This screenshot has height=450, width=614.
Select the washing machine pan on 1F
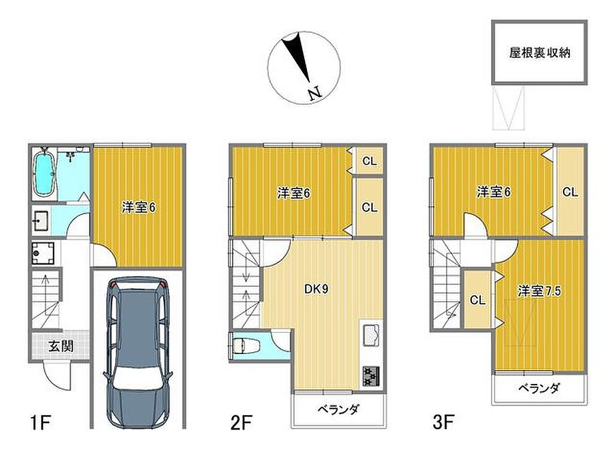pyautogui.click(x=43, y=253)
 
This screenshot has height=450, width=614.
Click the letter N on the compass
pyautogui.click(x=314, y=94)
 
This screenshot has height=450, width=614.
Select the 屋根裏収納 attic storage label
pyautogui.click(x=540, y=53)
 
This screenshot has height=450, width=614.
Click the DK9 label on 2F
pyautogui.click(x=317, y=289)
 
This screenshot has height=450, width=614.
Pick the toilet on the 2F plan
pyautogui.click(x=243, y=346)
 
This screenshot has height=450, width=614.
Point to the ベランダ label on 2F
pyautogui.click(x=338, y=410)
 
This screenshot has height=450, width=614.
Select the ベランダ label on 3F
pyautogui.click(x=539, y=388)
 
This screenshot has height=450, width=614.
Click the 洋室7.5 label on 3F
pyautogui.click(x=540, y=291)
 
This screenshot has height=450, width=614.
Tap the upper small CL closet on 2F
pyautogui.click(x=369, y=161)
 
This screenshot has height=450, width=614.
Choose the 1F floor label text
pyautogui.click(x=40, y=423)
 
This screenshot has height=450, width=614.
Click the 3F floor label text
pyautogui.click(x=443, y=423)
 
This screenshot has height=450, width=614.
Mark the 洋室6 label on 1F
pyautogui.click(x=139, y=208)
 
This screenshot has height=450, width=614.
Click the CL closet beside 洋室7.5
pyautogui.click(x=478, y=300)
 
